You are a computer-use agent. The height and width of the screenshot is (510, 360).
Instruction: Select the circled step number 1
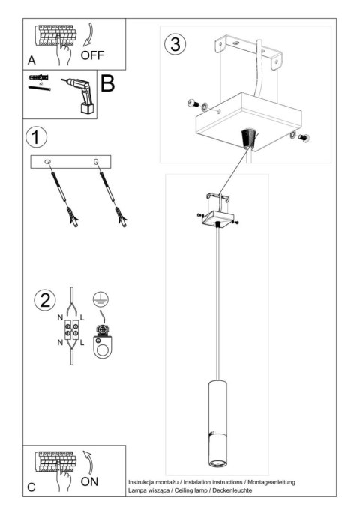point(36,138)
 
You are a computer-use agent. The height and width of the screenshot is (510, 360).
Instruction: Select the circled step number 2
point(45,300)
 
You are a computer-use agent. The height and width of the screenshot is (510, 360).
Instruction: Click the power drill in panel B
point(81,96)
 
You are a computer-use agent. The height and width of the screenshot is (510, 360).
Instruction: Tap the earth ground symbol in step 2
point(100,298)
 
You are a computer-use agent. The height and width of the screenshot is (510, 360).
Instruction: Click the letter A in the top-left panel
point(31,59)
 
